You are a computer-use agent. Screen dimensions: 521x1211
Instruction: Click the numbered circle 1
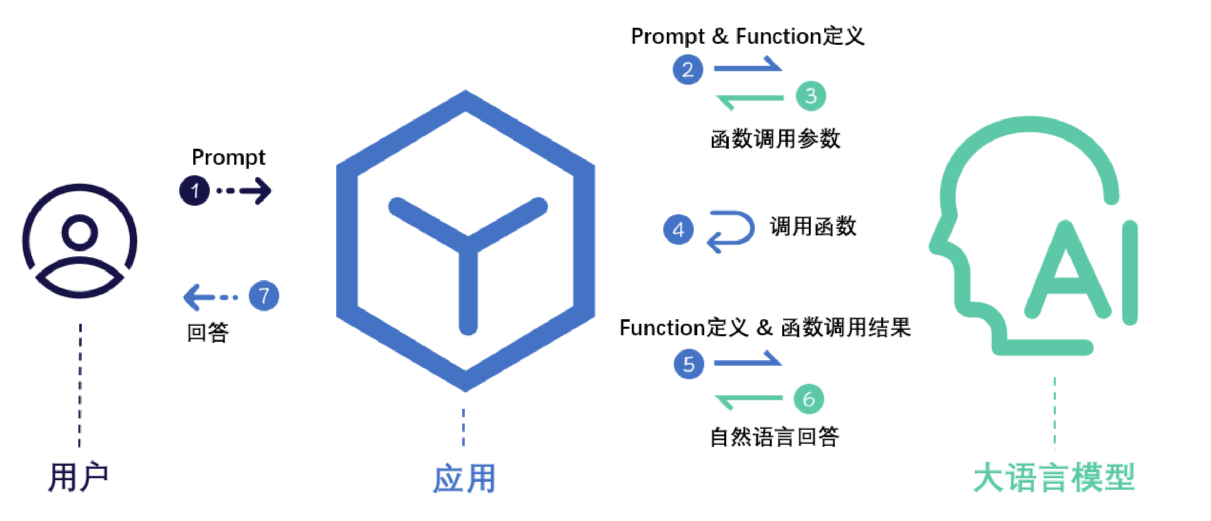(x=195, y=191)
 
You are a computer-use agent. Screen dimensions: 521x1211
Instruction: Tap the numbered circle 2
(x=688, y=69)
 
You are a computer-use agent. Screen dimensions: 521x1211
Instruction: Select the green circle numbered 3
(x=811, y=96)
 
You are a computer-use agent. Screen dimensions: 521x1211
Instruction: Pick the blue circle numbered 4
(x=679, y=229)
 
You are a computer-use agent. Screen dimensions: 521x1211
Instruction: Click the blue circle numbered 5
(x=689, y=364)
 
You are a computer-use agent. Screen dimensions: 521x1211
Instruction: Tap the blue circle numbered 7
(x=264, y=296)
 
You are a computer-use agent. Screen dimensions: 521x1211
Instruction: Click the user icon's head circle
(x=79, y=232)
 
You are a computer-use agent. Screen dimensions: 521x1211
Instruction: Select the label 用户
(x=78, y=477)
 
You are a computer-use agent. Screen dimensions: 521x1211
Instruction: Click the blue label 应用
(x=464, y=478)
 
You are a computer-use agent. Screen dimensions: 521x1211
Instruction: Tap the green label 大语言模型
(x=1054, y=477)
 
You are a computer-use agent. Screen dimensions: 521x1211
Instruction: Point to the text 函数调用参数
(x=775, y=139)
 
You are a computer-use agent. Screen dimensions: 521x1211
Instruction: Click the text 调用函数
(x=813, y=227)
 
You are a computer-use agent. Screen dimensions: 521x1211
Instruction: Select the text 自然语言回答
(x=774, y=437)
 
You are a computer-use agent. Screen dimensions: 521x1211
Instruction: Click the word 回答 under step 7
(x=208, y=333)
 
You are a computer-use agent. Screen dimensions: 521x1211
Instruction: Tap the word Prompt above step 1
(x=228, y=157)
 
